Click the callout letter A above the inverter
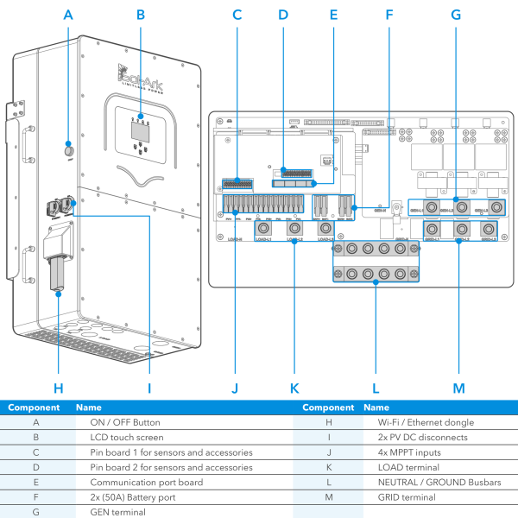coord(68,15)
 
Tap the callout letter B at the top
coord(140,15)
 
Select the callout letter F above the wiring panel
coord(389,15)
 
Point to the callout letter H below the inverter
coord(59,388)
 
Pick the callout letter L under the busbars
coord(376,388)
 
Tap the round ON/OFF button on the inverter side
coord(67,151)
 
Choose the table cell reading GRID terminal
coord(406,496)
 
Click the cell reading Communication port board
coord(142,482)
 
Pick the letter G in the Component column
coord(35,511)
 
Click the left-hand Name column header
coord(90,407)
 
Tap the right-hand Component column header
coord(328,407)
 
